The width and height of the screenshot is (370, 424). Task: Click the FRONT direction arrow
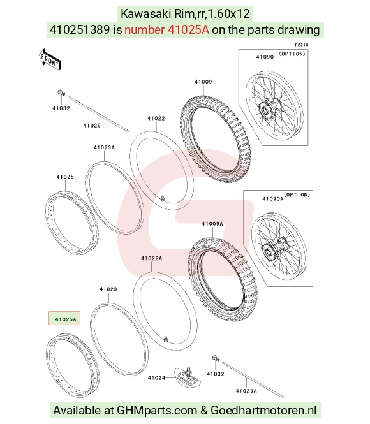50,60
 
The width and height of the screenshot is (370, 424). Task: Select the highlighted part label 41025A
64,318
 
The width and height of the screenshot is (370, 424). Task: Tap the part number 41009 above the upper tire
204,82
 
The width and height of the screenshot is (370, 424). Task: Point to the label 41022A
151,258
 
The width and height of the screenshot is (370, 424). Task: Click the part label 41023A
104,148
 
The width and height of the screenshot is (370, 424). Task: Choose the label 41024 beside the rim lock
156,377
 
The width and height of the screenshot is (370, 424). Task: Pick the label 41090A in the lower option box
272,199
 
